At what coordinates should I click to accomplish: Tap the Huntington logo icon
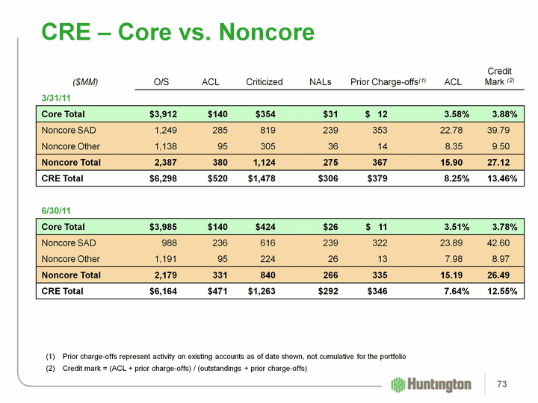tap(398, 384)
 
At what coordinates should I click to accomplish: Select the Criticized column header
tap(264, 81)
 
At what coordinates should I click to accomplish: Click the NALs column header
tap(321, 81)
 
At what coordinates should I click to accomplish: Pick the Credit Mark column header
tap(499, 76)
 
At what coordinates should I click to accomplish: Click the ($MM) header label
tap(85, 81)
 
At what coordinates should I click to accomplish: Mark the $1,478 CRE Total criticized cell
tap(262, 178)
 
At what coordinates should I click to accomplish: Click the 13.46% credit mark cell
tap(501, 178)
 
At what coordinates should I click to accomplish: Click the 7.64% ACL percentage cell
tap(453, 290)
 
